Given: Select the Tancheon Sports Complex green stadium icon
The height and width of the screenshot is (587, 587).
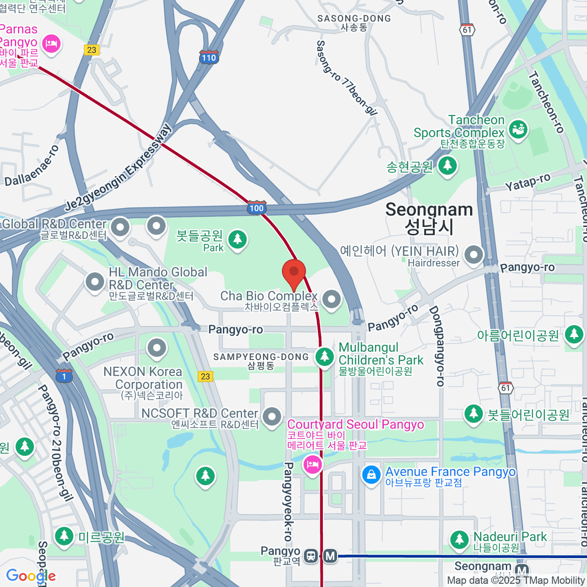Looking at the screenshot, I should pyautogui.click(x=518, y=129).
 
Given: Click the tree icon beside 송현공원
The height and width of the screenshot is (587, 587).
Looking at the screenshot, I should pyautogui.click(x=447, y=166).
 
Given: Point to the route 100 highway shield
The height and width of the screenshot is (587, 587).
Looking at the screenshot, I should pyautogui.click(x=256, y=208).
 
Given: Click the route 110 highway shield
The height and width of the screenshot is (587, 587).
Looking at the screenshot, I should pyautogui.click(x=208, y=57).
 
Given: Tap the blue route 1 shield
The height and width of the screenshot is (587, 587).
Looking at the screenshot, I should pyautogui.click(x=64, y=376).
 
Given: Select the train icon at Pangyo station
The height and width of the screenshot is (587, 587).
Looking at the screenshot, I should pyautogui.click(x=311, y=556).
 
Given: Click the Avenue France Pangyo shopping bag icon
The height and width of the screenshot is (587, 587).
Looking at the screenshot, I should pyautogui.click(x=371, y=475).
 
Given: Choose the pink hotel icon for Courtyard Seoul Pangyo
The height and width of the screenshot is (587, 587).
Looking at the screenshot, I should pyautogui.click(x=313, y=464).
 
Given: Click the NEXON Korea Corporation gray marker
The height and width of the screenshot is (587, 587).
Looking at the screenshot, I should pyautogui.click(x=157, y=348).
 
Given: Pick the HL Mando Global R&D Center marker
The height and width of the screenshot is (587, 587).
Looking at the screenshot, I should pyautogui.click(x=95, y=281).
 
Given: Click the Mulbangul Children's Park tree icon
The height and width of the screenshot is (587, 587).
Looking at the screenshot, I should pyautogui.click(x=324, y=357).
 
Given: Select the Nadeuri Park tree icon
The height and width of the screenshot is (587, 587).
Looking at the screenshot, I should pyautogui.click(x=459, y=540).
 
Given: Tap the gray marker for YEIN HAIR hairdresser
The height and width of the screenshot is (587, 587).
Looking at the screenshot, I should pyautogui.click(x=474, y=255).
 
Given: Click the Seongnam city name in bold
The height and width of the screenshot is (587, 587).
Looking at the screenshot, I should pyautogui.click(x=429, y=210).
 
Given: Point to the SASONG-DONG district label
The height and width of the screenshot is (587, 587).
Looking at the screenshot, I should pyautogui.click(x=354, y=19).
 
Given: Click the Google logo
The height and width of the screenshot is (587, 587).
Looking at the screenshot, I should pyautogui.click(x=30, y=576).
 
